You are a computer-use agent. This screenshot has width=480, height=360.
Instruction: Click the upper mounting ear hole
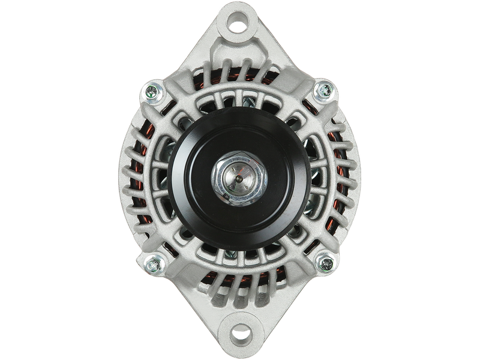click(x=239, y=26)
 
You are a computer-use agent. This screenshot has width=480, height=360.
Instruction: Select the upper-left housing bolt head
click(x=152, y=92)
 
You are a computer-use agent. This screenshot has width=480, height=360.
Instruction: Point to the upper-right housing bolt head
click(x=324, y=90)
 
